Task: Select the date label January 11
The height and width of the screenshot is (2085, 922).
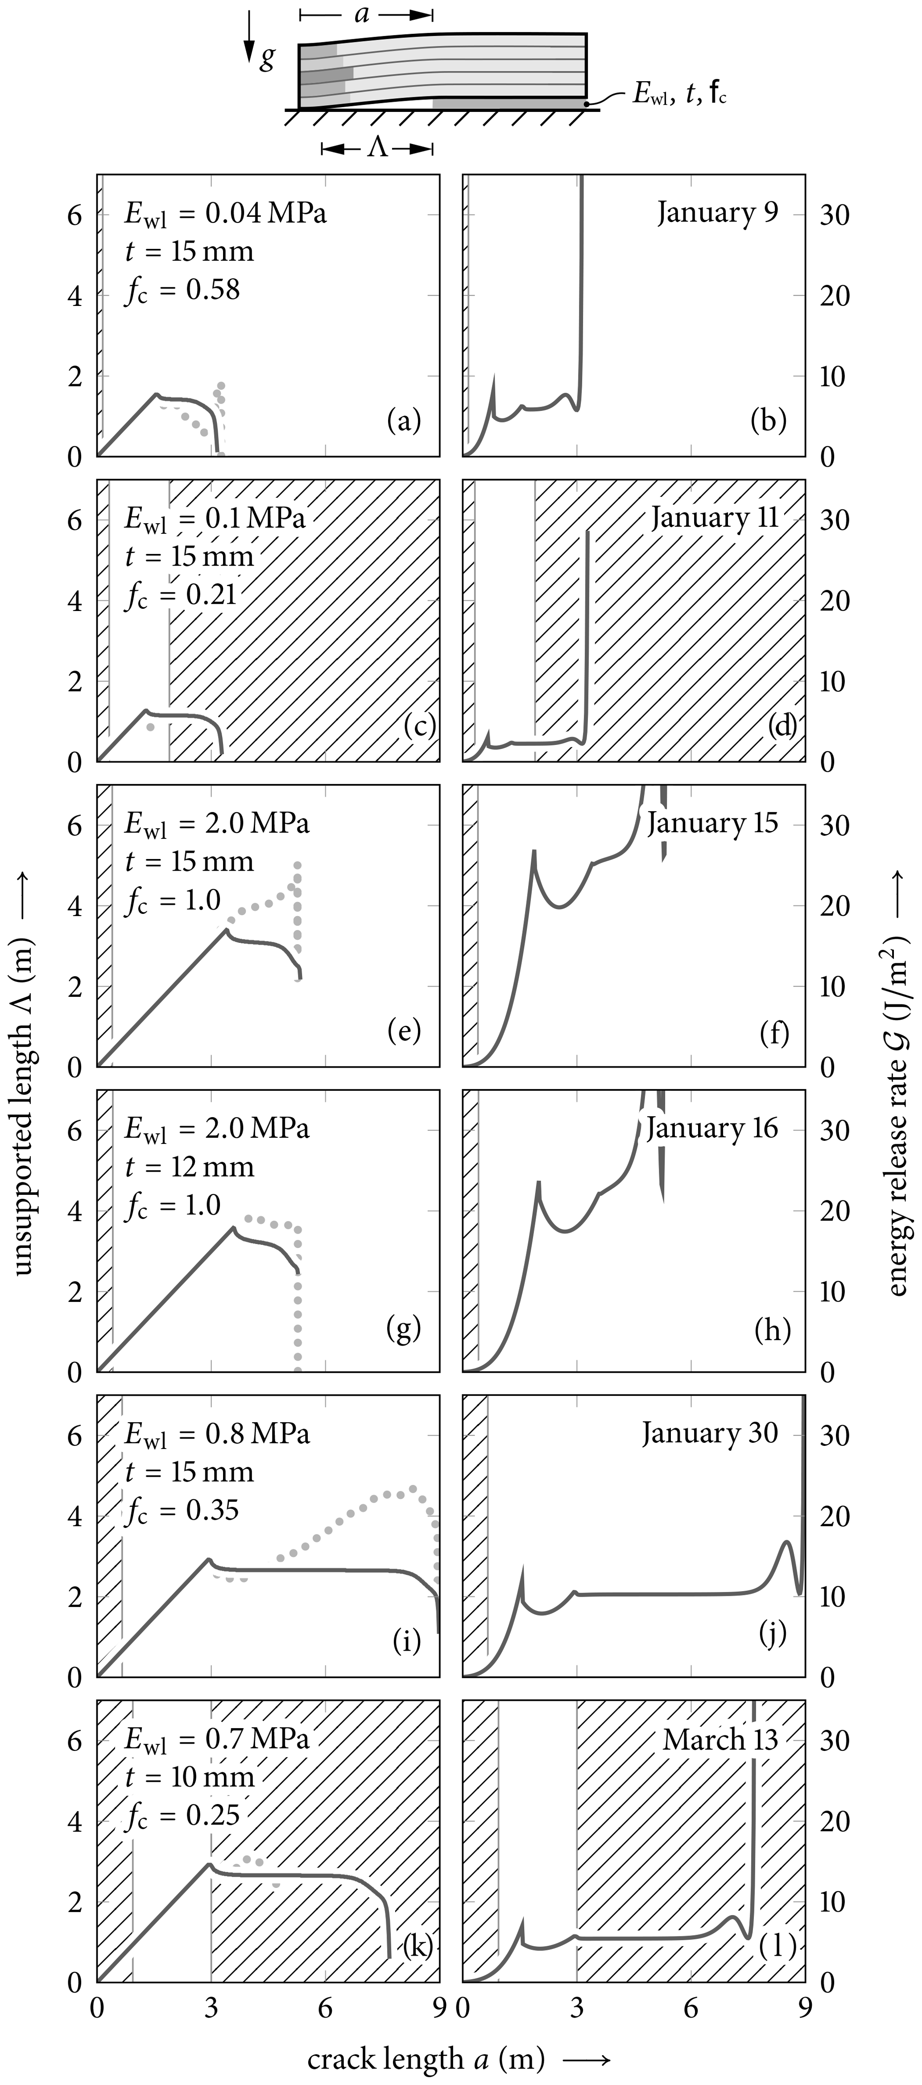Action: click(x=714, y=518)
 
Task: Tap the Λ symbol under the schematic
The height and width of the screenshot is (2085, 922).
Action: click(x=378, y=148)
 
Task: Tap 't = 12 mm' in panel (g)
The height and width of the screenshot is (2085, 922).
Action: click(x=190, y=1166)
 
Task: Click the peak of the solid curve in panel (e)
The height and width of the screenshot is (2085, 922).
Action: click(x=227, y=929)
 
